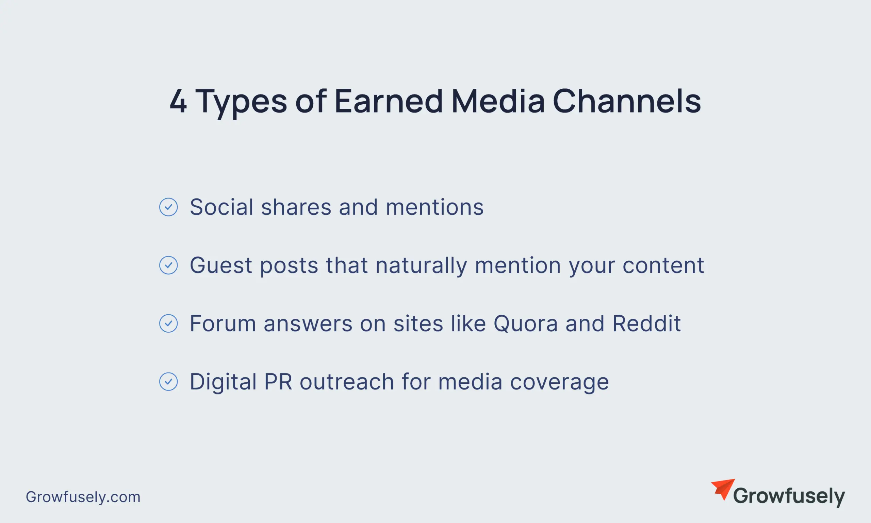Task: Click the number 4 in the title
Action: point(178,101)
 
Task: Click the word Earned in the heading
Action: point(388,101)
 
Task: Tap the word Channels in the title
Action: point(626,101)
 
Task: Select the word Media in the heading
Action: point(498,101)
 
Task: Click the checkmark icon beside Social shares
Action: point(168,207)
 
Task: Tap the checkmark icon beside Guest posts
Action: point(168,265)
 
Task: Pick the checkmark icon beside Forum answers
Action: point(168,323)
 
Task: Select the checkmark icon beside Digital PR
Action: point(168,381)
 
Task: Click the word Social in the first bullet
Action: point(221,207)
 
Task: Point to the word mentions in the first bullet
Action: point(434,207)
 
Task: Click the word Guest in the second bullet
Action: point(221,265)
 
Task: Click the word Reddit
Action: point(646,323)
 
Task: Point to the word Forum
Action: point(223,323)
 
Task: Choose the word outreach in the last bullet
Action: point(347,381)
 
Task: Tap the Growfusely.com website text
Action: point(83,497)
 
